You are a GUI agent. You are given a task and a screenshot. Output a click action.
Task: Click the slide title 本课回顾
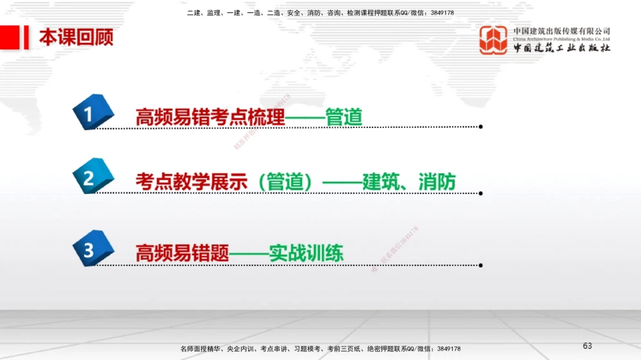point(76,37)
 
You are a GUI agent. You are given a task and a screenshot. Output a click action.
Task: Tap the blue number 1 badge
point(92,115)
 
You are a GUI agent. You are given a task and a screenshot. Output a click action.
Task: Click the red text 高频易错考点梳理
point(210,117)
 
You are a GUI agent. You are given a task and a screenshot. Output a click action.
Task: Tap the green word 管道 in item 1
point(344,117)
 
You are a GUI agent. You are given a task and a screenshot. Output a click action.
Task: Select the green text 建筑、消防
point(409,181)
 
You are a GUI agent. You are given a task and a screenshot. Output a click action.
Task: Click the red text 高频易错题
point(182,252)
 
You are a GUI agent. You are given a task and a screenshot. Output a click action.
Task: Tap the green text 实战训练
point(306,252)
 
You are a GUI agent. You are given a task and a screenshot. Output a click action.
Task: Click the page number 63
point(587,346)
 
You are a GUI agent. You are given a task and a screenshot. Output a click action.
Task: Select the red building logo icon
point(494,40)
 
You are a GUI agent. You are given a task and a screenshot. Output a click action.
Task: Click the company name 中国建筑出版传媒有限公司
point(562,31)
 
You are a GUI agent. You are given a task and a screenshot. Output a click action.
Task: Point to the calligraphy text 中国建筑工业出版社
point(562,48)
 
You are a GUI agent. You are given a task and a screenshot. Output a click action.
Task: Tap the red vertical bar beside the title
point(27,37)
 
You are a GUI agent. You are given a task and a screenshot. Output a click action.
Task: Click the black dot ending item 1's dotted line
point(481,127)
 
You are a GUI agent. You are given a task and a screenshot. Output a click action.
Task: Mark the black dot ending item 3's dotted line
point(481,265)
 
